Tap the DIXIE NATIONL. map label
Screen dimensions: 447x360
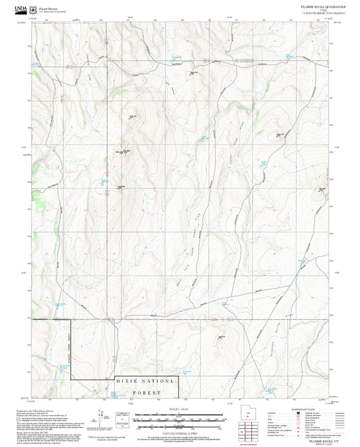click(x=147, y=382)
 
